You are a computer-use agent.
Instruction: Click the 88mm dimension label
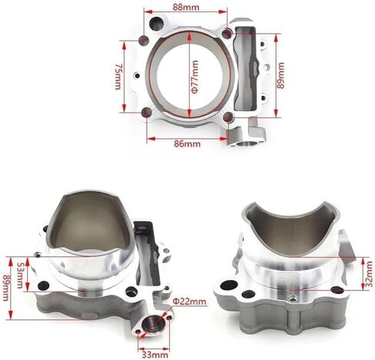pyautogui.click(x=186, y=7)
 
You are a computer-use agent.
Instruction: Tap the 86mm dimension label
pyautogui.click(x=187, y=144)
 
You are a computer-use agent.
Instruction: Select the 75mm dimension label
pyautogui.click(x=118, y=77)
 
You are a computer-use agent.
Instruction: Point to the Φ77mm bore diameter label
pyautogui.click(x=194, y=77)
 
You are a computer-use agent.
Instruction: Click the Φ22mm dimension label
pyautogui.click(x=189, y=302)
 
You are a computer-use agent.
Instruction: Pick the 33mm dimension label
pyautogui.click(x=155, y=355)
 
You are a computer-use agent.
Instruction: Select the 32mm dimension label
pyautogui.click(x=369, y=274)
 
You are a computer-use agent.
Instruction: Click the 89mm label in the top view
pyautogui.click(x=280, y=75)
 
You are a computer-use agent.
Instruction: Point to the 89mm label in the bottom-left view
pyautogui.click(x=5, y=288)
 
